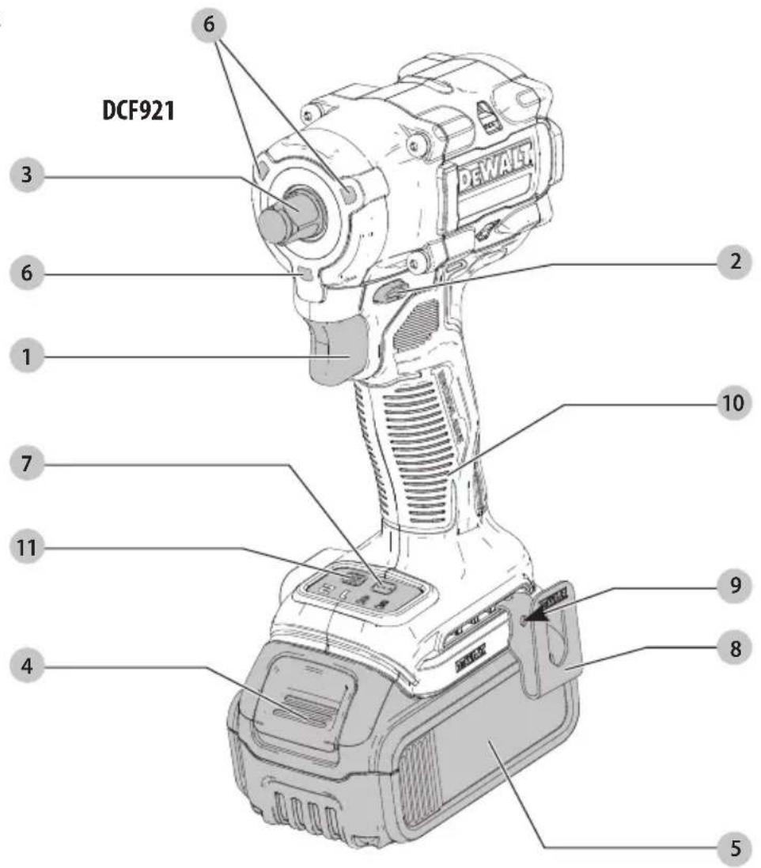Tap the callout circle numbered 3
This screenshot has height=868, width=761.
(27, 176)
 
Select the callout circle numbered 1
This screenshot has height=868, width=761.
(27, 357)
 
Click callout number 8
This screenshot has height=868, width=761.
(735, 647)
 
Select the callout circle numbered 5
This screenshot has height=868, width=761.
(735, 849)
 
